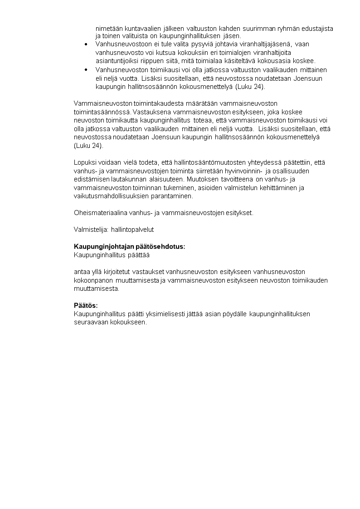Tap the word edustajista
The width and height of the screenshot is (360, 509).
pos(317,29)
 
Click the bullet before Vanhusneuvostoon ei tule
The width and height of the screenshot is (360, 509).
pos(86,44)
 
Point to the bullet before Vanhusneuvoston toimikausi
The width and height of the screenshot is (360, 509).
pos(86,70)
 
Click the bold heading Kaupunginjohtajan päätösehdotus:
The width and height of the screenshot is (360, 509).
pos(129,246)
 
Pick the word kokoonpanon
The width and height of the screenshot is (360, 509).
pos(93,280)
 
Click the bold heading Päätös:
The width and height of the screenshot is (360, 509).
pos(86,305)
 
